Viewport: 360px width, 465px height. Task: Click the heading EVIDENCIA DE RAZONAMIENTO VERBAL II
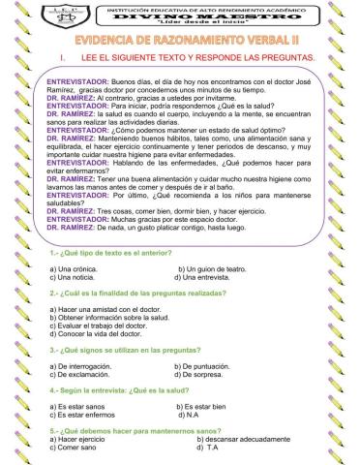click(180, 45)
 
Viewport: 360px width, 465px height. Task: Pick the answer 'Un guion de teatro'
click(213, 266)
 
